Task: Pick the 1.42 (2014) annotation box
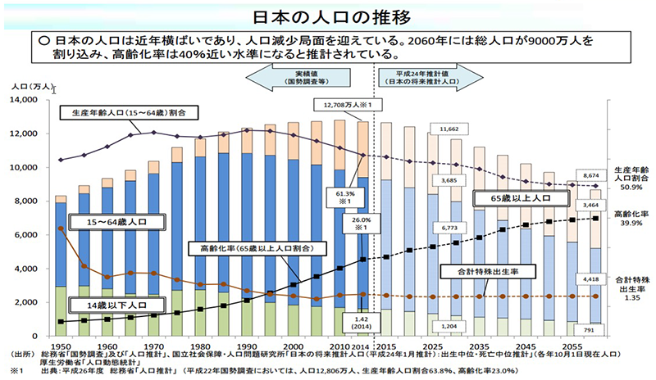359,321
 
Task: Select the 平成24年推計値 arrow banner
426,79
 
